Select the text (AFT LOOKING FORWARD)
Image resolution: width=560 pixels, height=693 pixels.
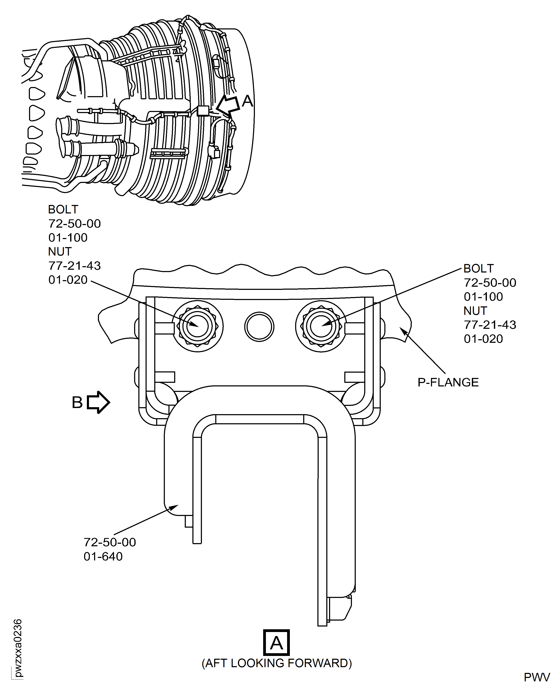277,663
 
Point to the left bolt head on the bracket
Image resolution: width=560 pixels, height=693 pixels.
197,326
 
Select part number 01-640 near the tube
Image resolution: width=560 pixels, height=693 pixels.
103,556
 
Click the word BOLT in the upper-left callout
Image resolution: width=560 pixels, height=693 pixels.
63,210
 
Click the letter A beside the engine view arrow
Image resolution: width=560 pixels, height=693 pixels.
247,101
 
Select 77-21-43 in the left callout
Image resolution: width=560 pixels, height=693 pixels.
75,266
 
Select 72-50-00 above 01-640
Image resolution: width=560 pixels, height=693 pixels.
110,542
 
